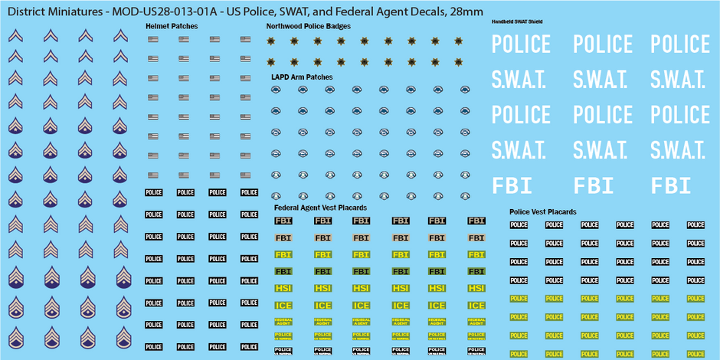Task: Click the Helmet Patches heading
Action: point(172,26)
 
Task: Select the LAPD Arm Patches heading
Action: point(302,77)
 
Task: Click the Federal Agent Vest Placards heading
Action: point(320,208)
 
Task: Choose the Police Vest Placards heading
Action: point(542,211)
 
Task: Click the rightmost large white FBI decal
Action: point(671,185)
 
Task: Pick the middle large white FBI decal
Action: point(594,185)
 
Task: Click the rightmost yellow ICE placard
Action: point(476,306)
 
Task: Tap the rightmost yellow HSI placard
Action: point(476,288)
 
